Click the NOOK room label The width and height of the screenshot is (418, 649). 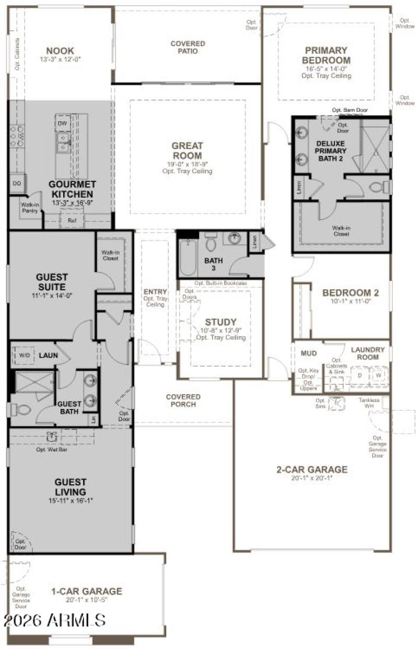tap(60, 51)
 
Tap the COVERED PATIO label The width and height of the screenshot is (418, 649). tap(188, 48)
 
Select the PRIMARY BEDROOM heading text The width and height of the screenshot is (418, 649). tap(326, 55)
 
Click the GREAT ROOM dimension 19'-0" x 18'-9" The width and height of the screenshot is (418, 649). tap(187, 164)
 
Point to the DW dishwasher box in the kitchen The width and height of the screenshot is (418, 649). tap(62, 123)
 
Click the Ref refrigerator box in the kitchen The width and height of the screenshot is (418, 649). tap(72, 221)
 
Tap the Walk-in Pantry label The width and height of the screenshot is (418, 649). tap(31, 208)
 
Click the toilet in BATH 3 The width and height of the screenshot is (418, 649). tap(211, 243)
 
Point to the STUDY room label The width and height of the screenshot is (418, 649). tap(220, 322)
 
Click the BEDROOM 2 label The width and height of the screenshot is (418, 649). tap(351, 293)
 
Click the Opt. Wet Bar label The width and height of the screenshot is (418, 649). tap(51, 449)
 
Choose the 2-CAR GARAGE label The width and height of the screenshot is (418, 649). tap(311, 470)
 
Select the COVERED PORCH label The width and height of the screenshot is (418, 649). tap(183, 401)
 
